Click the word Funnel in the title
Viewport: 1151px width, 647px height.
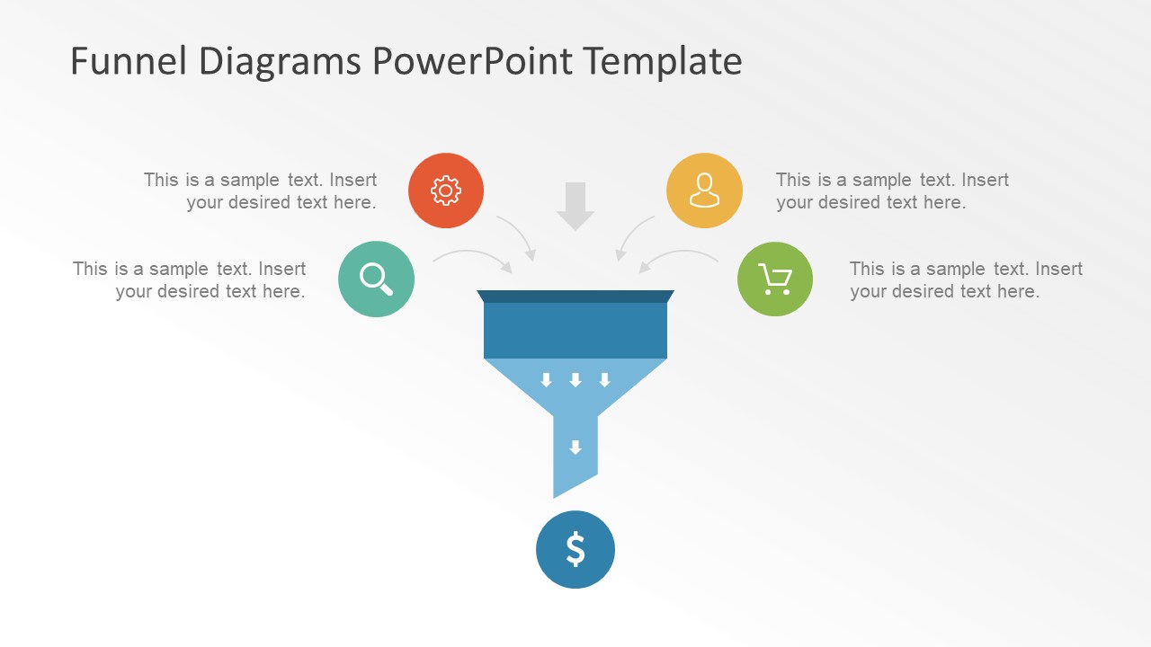click(x=128, y=61)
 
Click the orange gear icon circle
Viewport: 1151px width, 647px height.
click(x=445, y=191)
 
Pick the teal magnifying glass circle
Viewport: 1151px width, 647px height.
click(x=376, y=279)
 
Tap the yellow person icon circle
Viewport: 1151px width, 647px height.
click(x=704, y=191)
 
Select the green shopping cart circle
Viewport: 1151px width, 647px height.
click(x=774, y=279)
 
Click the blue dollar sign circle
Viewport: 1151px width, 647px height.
click(x=575, y=549)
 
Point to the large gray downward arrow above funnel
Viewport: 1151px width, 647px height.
click(x=575, y=206)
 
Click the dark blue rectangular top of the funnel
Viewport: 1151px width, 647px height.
click(x=575, y=329)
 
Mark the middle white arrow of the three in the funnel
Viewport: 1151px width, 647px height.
click(x=575, y=380)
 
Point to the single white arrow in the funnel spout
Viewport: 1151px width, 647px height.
click(x=575, y=448)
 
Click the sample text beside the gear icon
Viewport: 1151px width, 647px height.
click(x=261, y=191)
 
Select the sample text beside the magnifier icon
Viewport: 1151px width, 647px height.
click(x=190, y=279)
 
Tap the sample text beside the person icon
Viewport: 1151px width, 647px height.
click(x=892, y=191)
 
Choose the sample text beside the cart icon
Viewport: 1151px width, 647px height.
click(x=966, y=279)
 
